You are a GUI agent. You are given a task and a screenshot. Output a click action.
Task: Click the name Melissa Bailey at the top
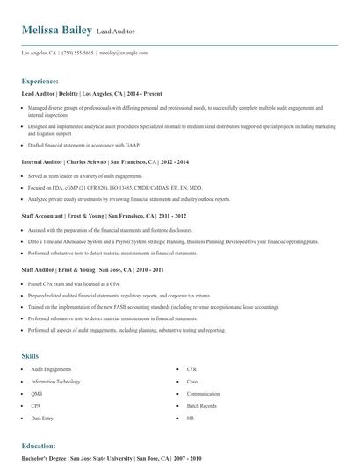click(57, 31)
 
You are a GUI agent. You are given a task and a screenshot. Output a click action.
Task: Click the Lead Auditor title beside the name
click(116, 32)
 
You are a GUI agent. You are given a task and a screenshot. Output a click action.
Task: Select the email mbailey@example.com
click(124, 53)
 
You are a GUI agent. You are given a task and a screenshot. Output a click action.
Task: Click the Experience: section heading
click(40, 80)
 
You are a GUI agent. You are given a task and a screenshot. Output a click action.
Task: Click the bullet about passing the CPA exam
click(74, 285)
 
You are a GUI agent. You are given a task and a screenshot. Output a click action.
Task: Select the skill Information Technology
click(55, 382)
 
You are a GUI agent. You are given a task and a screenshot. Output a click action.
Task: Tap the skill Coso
click(191, 382)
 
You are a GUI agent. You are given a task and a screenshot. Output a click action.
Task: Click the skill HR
click(190, 419)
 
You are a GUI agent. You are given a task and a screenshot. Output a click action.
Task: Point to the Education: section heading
click(39, 446)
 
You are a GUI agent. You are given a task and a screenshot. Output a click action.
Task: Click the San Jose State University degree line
click(112, 458)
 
